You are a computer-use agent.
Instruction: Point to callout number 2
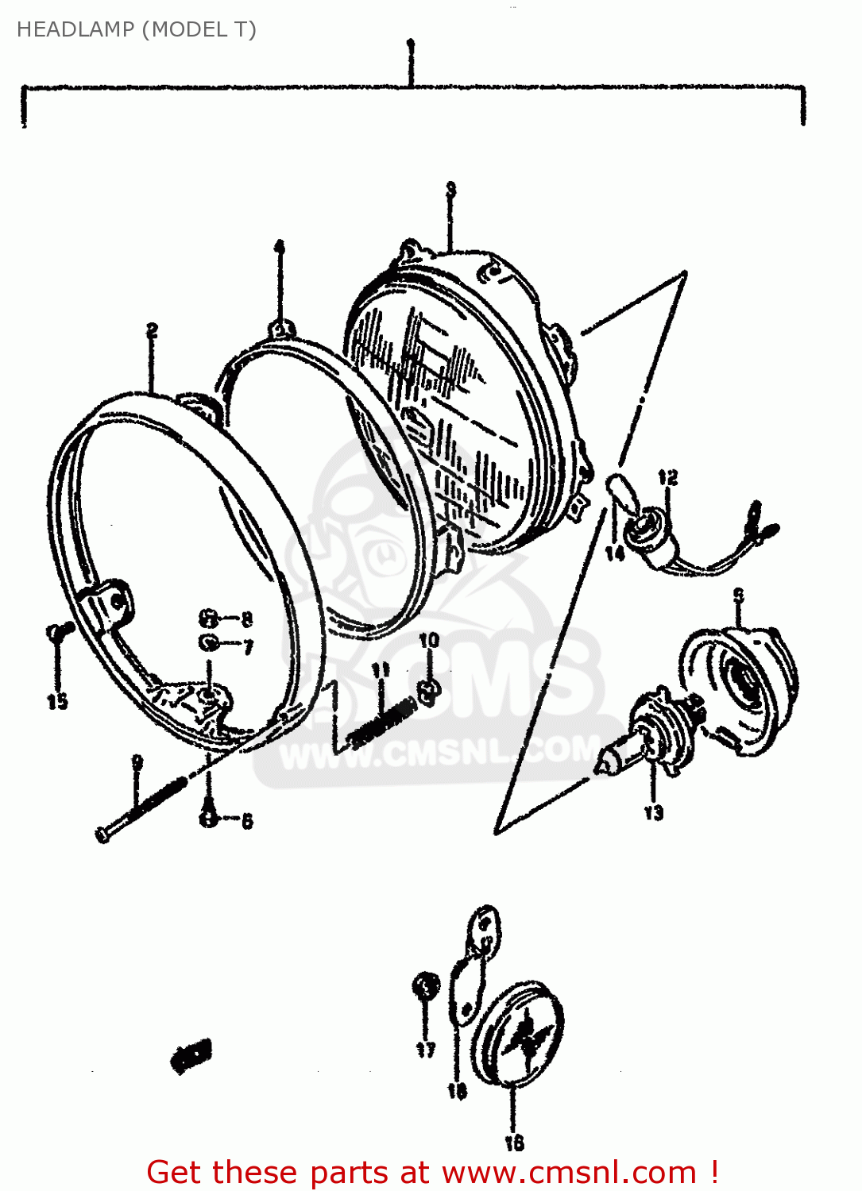152,330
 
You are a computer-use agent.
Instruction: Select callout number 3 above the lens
450,190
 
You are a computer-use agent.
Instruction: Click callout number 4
279,247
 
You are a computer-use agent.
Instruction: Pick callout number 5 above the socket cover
738,595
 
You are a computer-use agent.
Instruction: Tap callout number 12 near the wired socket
667,477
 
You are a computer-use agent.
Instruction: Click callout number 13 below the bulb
653,812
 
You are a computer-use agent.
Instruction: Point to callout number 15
57,701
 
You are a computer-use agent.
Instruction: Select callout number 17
426,1050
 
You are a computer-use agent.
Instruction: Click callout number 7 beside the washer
248,647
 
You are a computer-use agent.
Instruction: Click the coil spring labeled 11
382,720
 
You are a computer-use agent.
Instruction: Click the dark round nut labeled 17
426,988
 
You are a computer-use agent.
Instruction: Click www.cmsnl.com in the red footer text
569,1173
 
